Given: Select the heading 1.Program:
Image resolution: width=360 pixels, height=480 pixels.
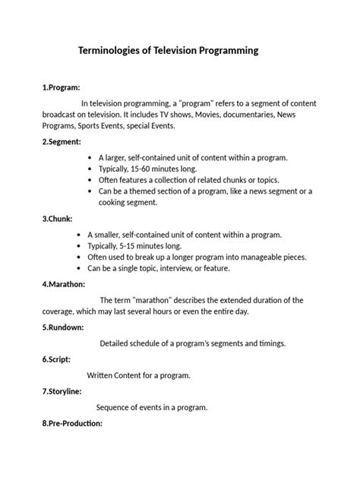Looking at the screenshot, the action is (62, 87).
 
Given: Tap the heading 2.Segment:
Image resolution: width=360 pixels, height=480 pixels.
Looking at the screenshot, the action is (62, 142).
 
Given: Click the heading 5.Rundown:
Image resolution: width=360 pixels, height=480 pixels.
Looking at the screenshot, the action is (64, 327).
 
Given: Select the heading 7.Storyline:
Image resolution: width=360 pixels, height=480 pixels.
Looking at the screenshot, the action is (63, 391).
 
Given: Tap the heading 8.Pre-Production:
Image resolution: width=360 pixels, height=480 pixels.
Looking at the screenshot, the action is (73, 423).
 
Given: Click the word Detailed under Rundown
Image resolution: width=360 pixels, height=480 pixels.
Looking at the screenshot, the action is (117, 343).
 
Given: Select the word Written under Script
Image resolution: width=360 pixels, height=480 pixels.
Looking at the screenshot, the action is (103, 375).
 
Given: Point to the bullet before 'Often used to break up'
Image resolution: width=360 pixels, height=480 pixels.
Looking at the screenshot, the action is (81, 257).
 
